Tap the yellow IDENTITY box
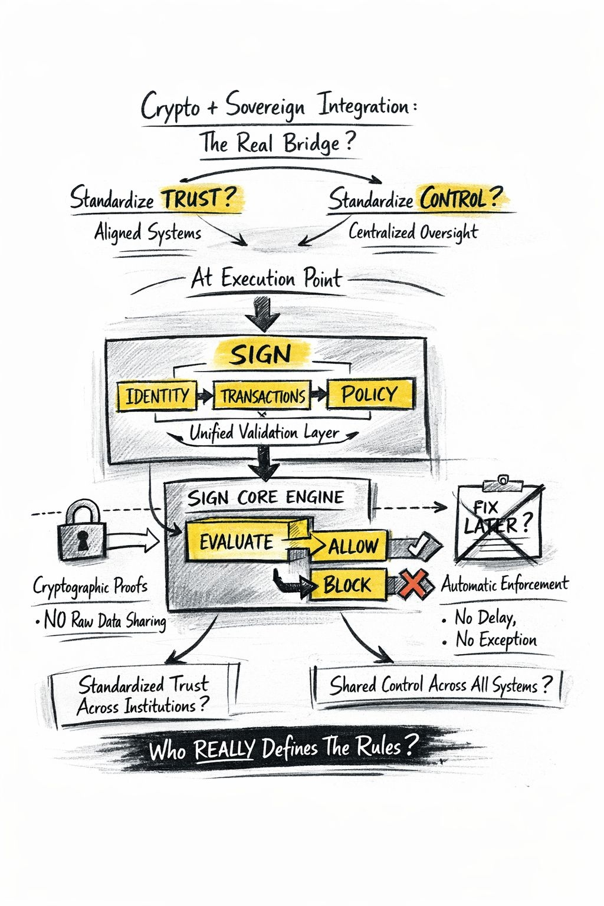156,396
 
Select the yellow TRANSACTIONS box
262,396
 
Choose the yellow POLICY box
370,393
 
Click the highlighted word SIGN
261,354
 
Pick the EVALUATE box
236,541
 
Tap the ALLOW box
353,546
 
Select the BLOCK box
348,585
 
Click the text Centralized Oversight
413,232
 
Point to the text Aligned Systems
147,233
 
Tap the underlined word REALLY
224,750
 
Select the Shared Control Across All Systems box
439,685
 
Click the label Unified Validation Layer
264,434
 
